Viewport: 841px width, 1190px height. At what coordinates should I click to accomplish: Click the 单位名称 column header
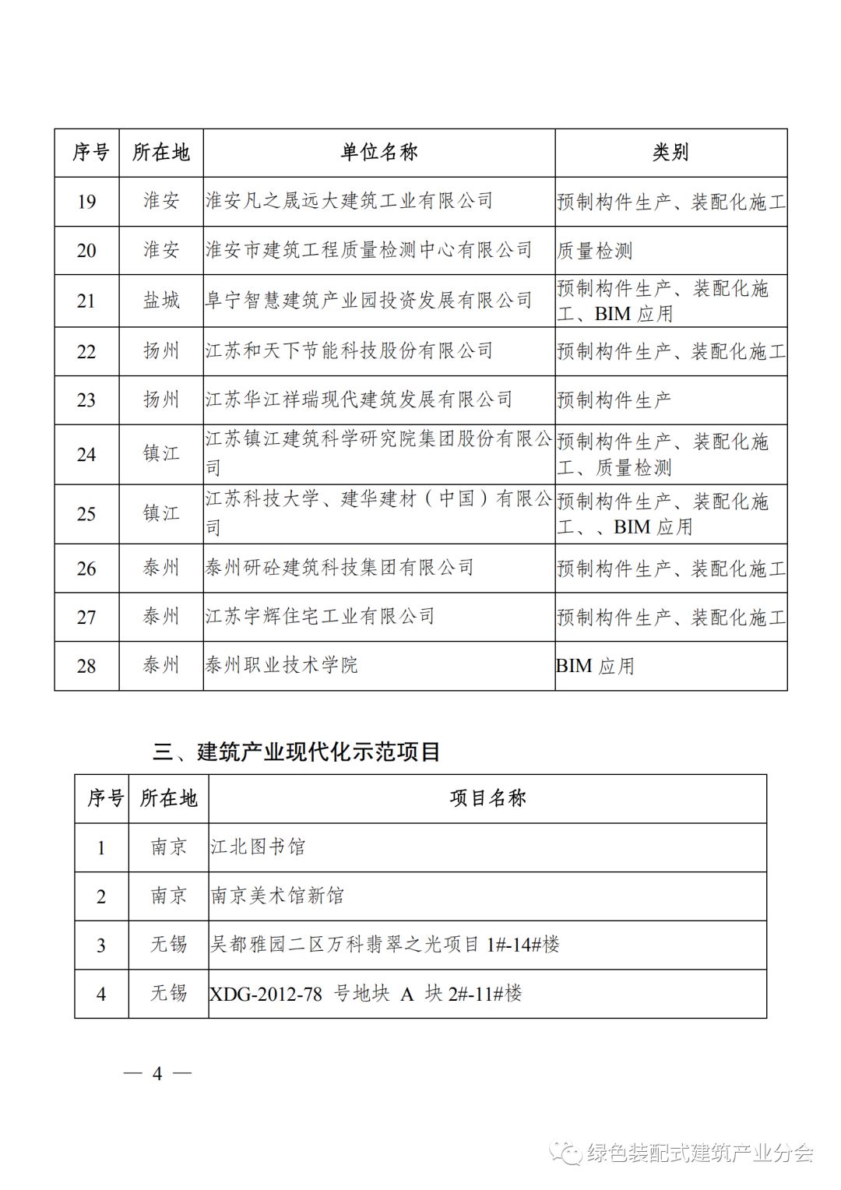coord(378,153)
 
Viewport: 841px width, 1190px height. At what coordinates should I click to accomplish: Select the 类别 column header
coord(670,153)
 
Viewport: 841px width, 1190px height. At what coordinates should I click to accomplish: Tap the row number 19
coord(86,202)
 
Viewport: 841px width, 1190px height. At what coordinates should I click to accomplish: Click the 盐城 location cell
coord(161,301)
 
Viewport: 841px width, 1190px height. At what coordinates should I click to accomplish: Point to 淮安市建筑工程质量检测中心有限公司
coord(368,250)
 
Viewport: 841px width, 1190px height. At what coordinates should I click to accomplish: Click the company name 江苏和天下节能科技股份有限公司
coord(349,351)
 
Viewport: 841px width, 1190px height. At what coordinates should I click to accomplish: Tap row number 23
coord(86,400)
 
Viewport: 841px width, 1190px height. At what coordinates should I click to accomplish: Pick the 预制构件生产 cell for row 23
coord(614,400)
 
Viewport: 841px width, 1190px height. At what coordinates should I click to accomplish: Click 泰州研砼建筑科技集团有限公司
coord(340,568)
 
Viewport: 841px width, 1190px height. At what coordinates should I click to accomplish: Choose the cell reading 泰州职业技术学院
coord(281,665)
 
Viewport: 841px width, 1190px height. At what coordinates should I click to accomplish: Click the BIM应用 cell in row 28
coord(596,666)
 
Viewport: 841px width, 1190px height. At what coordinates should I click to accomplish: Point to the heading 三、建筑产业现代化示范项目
coord(297,752)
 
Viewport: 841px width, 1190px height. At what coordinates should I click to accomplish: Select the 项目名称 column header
coord(487,798)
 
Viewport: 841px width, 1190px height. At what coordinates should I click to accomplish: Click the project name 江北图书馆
coord(258,847)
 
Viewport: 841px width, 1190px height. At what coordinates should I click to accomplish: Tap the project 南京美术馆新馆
coord(277,896)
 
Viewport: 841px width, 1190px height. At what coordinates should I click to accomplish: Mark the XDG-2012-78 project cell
coord(366,994)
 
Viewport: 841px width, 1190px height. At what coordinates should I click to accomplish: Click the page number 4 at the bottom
coord(157,1073)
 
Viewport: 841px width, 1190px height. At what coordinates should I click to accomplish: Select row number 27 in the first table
coord(86,617)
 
